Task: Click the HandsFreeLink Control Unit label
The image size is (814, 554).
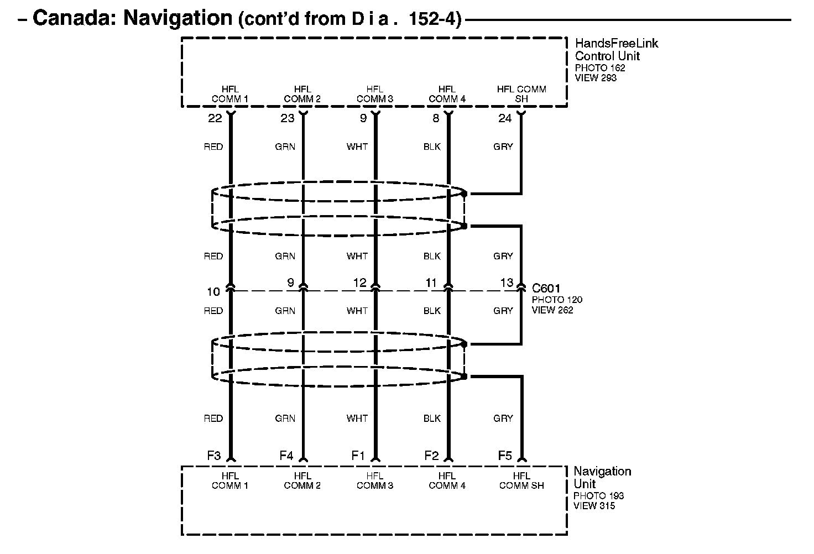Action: coord(616,49)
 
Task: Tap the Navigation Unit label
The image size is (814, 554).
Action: coord(602,477)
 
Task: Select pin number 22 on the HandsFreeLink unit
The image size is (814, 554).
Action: coord(215,118)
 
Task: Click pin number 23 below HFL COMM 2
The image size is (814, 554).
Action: coord(287,118)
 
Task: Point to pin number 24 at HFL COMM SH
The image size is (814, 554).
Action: coord(505,118)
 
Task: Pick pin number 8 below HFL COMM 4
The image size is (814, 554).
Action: coord(436,118)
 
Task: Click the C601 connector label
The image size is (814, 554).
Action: coord(546,288)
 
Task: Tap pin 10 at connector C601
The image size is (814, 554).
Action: coord(213,291)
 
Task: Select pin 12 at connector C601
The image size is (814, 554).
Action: coord(359,283)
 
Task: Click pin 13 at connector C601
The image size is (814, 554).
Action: coord(507,283)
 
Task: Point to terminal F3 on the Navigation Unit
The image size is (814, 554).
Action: coord(214,456)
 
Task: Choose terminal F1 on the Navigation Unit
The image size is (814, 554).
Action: coord(358,456)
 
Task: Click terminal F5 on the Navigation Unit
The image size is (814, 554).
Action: coord(505,456)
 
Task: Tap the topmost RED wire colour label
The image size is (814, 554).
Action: coord(213,147)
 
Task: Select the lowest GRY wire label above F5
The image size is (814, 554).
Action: coord(503,419)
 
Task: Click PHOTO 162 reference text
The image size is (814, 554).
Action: coord(600,68)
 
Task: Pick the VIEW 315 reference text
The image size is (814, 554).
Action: coord(594,506)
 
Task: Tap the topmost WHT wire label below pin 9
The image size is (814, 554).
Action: coord(357,147)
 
